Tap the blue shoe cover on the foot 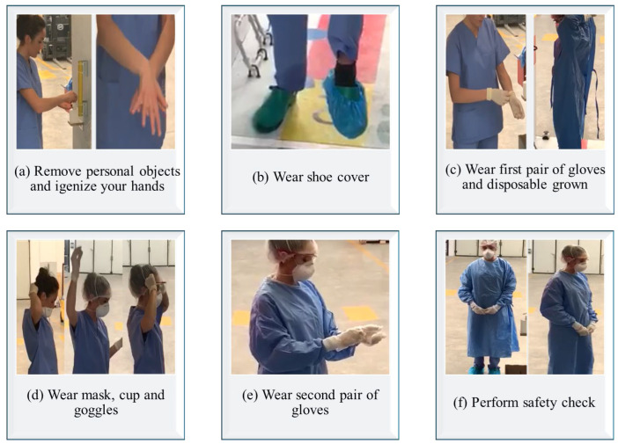[345, 106]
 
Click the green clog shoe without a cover [274, 109]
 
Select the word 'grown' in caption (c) [570, 186]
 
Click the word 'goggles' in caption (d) [96, 411]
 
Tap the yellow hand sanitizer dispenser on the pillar [81, 90]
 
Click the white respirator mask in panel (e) [303, 271]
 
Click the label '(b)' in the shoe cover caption [260, 177]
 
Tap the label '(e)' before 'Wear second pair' [250, 395]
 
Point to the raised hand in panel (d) [76, 257]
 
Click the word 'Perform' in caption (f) [496, 403]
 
